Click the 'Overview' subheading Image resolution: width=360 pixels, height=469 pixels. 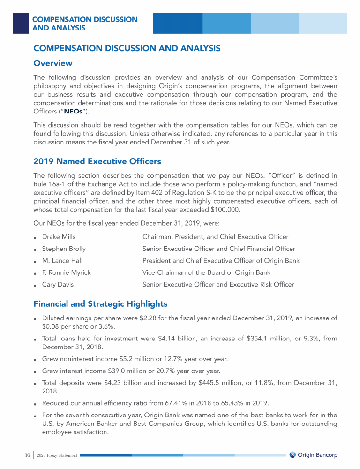point(53,63)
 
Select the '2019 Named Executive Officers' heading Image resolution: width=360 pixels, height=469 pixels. point(97,161)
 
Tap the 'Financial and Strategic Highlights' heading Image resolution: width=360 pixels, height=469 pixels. point(100,304)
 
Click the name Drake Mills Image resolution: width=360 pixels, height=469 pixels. point(59,237)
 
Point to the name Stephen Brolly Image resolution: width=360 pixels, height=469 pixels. point(64,249)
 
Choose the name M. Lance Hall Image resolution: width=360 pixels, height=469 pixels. point(62,260)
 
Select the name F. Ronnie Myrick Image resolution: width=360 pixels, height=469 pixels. point(67,272)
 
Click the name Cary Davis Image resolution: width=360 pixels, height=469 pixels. point(58,284)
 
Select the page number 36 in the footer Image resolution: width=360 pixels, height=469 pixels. point(27,455)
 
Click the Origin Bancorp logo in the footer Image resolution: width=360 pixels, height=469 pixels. point(313,455)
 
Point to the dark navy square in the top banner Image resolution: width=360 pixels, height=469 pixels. point(21,23)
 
